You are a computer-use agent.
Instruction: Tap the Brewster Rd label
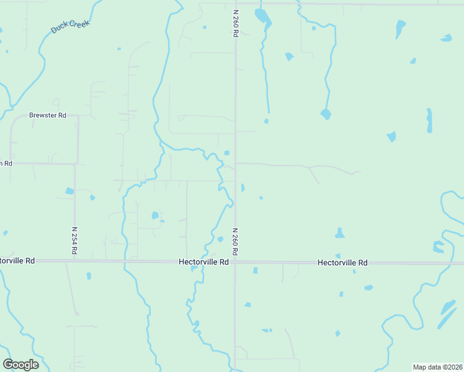(x=48, y=115)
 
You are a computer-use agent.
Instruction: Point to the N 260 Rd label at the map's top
(x=236, y=24)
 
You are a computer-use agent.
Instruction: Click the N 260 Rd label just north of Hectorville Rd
(x=236, y=242)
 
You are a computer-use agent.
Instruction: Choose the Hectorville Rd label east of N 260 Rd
(x=342, y=263)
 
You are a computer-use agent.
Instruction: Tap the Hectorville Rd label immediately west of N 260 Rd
(x=203, y=262)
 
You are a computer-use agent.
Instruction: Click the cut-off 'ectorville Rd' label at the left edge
(x=17, y=260)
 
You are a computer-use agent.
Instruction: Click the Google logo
(x=20, y=364)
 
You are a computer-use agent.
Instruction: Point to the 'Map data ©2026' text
(x=437, y=367)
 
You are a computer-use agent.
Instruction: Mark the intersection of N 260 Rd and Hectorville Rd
(x=235, y=262)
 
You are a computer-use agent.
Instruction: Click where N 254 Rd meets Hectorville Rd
(x=74, y=261)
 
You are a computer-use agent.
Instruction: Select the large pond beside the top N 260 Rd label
(x=263, y=18)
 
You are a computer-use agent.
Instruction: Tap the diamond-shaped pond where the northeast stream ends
(x=326, y=114)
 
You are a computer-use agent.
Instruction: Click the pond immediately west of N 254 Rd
(x=69, y=191)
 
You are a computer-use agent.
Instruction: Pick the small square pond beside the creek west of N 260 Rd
(x=227, y=153)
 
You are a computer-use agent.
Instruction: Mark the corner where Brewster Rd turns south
(x=78, y=116)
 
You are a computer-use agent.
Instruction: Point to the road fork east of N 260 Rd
(x=308, y=167)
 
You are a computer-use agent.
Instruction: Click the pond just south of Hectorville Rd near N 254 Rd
(x=89, y=276)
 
